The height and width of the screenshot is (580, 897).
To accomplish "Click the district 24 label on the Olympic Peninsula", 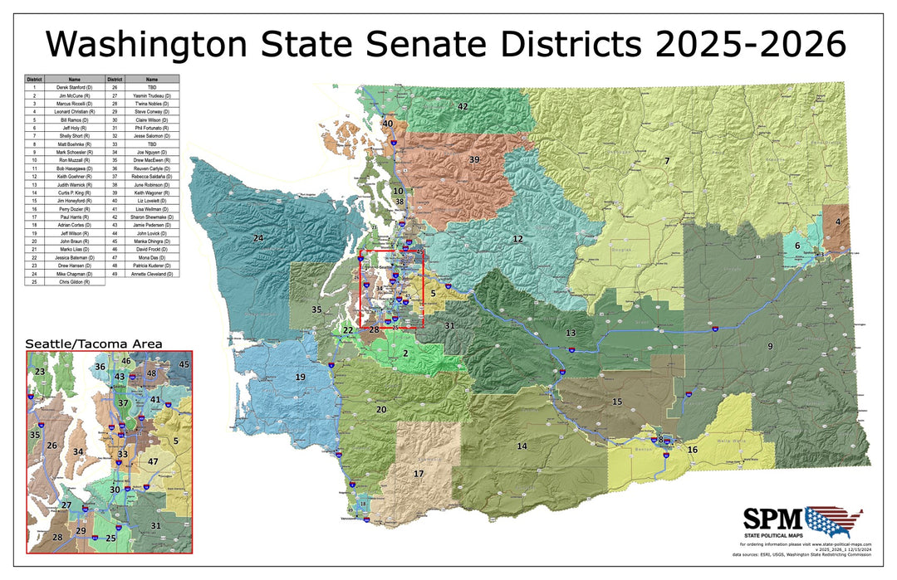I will coord(258,239).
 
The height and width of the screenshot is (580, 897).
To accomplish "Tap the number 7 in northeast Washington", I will coord(666,160).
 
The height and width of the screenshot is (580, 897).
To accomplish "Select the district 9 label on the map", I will coord(770,346).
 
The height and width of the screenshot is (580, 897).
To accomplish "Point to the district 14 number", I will coord(522,446).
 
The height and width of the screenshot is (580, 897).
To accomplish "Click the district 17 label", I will coord(419,474).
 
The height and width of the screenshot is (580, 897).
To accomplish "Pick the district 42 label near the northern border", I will coord(463,107).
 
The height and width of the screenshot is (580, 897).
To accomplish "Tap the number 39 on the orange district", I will coord(474,159).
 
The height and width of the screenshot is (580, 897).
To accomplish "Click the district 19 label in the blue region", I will coord(300,378).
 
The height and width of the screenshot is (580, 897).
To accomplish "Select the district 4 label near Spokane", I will coord(838,222).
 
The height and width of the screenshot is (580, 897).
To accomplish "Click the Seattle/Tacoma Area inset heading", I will coord(94,343).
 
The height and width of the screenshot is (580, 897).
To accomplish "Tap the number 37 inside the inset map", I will coord(124,403).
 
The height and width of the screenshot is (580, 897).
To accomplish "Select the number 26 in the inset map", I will coord(51,446).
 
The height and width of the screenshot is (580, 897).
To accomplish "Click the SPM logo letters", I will coord(772,519).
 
